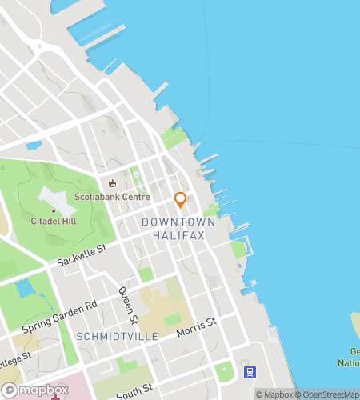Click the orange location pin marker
pyautogui.click(x=181, y=199)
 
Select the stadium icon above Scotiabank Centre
pyautogui.click(x=112, y=183)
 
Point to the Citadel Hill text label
pyautogui.click(x=54, y=221)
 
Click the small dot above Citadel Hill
pyautogui.click(x=54, y=210)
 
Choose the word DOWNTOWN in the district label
pyautogui.click(x=178, y=222)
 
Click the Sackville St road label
pyautogui.click(x=82, y=256)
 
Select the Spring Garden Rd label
pyautogui.click(x=59, y=317)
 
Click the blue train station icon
pyautogui.click(x=250, y=372)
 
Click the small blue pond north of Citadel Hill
pyautogui.click(x=34, y=146)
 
